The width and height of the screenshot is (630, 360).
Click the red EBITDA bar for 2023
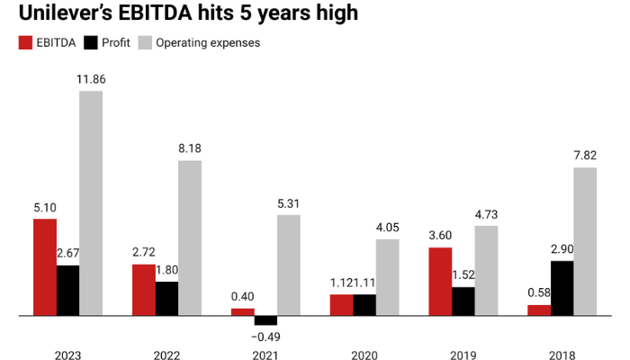click(45, 267)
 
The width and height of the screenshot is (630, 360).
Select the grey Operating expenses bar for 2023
click(91, 203)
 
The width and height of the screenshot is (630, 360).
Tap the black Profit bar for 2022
click(166, 299)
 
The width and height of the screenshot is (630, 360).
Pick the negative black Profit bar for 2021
click(265, 320)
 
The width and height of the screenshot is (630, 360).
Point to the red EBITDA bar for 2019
click(440, 282)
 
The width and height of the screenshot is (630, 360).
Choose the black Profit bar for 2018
click(562, 289)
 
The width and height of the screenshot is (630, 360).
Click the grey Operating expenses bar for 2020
click(388, 277)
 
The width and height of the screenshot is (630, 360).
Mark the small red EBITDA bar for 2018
click(539, 310)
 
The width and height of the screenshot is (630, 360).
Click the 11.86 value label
click(91, 79)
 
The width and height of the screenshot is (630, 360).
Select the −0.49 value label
click(265, 337)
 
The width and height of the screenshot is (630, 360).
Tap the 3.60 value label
click(440, 235)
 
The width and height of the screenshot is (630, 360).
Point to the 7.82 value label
click(585, 156)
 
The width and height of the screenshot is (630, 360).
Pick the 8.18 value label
click(190, 148)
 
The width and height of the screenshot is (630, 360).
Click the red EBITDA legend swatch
click(24, 42)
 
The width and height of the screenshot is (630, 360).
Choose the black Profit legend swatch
click(90, 42)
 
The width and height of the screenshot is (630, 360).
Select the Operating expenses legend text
click(208, 42)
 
